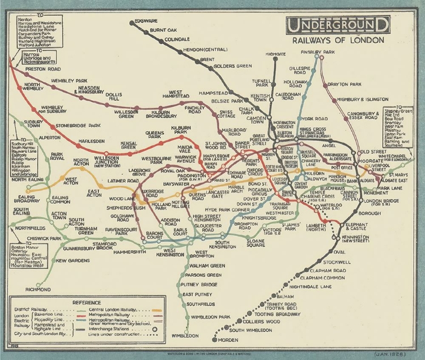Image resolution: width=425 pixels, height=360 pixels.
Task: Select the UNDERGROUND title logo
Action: point(338,25)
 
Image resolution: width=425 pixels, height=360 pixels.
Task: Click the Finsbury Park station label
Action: point(318,52)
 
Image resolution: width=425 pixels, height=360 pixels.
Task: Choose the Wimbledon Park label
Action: point(211,317)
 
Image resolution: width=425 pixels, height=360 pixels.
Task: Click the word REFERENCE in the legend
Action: point(87,302)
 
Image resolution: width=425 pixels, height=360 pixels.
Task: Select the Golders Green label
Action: point(232,66)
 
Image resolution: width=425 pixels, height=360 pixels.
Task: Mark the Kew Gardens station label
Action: point(73,260)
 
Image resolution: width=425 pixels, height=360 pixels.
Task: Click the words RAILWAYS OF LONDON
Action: point(338,41)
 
